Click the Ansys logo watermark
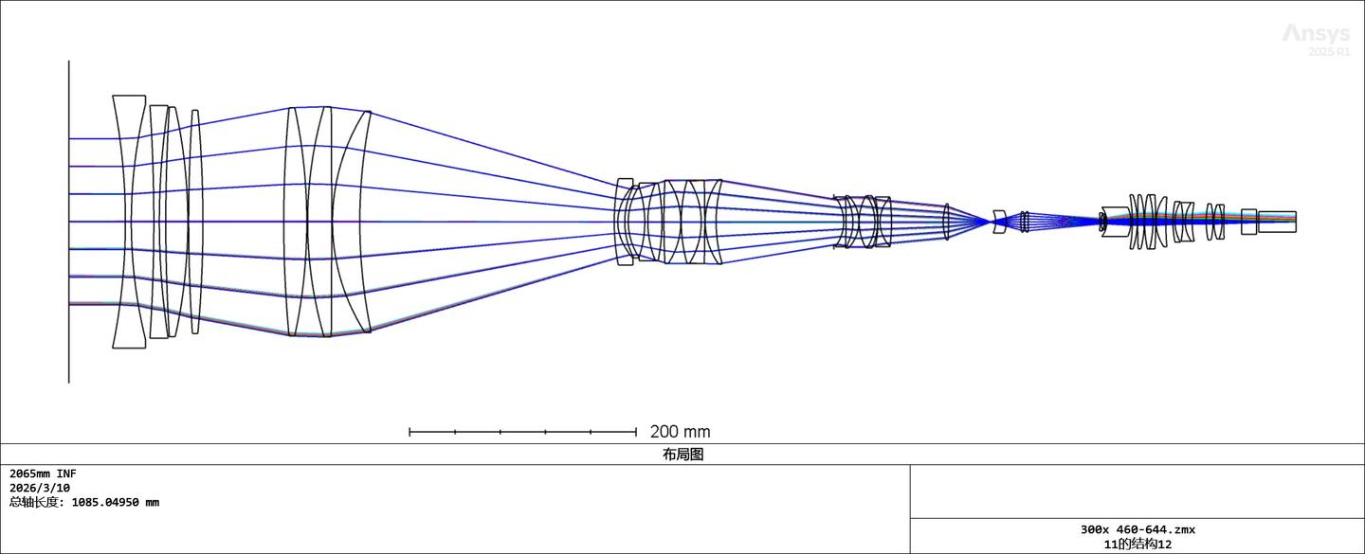click(x=1317, y=33)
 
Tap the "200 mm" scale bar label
click(x=680, y=432)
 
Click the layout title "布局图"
click(x=682, y=455)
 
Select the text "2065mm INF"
click(x=43, y=474)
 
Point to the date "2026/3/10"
click(x=40, y=488)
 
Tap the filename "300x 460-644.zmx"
click(x=1137, y=529)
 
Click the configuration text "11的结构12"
click(x=1137, y=545)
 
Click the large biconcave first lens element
click(x=129, y=222)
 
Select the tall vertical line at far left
click(x=69, y=222)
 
